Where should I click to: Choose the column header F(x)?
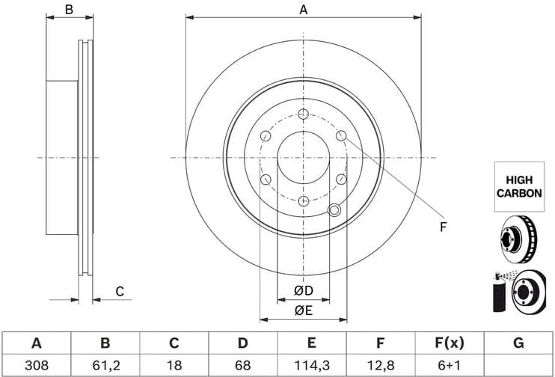pyautogui.click(x=449, y=343)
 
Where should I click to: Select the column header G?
pyautogui.click(x=518, y=343)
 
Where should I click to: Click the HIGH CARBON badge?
pyautogui.click(x=519, y=186)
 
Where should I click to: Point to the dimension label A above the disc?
pyautogui.click(x=303, y=10)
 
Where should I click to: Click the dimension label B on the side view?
pyautogui.click(x=69, y=10)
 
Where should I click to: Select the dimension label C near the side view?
pyautogui.click(x=118, y=292)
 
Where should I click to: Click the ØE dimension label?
pyautogui.click(x=302, y=310)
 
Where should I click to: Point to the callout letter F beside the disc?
pyautogui.click(x=442, y=227)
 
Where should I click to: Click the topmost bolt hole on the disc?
pyautogui.click(x=303, y=114)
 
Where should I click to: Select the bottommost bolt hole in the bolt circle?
pyautogui.click(x=303, y=201)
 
